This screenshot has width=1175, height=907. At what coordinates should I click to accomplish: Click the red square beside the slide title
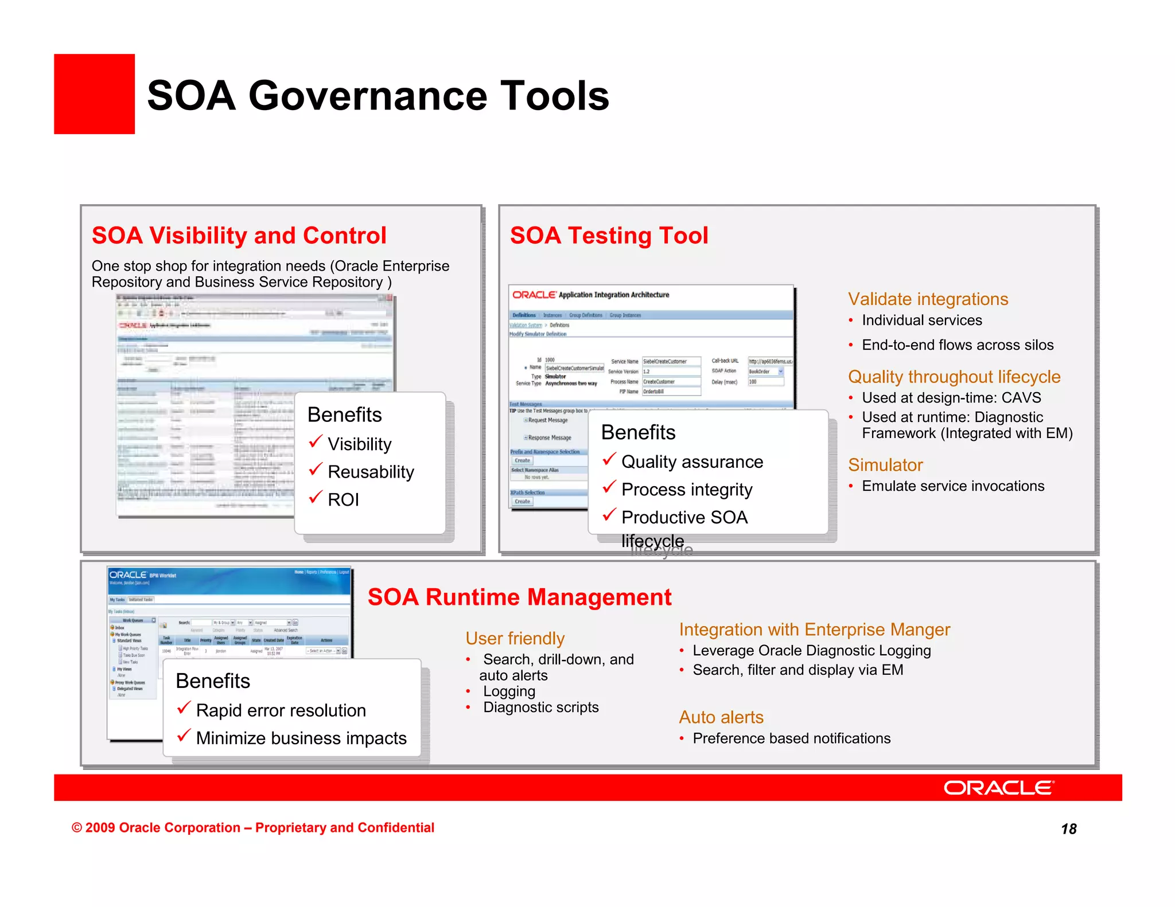tap(94, 94)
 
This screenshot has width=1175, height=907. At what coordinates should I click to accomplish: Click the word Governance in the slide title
tap(361, 96)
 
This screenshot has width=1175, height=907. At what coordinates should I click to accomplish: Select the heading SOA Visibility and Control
tap(239, 236)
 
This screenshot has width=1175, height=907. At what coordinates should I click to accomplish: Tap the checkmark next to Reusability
tap(316, 470)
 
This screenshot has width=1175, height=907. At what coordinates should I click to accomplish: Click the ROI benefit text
tap(343, 500)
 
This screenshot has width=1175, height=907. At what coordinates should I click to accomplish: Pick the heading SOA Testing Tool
tap(609, 236)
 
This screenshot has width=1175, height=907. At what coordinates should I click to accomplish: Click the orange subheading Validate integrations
tap(927, 299)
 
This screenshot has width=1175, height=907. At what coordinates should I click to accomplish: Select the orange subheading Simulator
tap(885, 465)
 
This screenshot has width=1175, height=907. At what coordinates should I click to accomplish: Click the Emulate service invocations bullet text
tap(952, 486)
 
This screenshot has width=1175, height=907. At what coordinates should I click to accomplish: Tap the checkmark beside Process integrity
tap(609, 487)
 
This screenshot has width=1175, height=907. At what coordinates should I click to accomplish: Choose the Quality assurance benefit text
tap(692, 462)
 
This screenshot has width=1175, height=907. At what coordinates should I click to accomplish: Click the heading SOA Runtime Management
tap(519, 597)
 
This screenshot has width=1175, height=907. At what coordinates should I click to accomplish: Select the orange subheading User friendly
tap(515, 639)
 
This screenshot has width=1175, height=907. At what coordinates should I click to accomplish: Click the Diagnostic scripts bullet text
tap(540, 707)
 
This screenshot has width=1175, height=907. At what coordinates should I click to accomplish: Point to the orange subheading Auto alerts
tap(721, 717)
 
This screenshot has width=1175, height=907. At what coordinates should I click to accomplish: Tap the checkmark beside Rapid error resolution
tap(184, 708)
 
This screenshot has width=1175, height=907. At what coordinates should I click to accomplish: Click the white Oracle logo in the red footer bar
tap(998, 788)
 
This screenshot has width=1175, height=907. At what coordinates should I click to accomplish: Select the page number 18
tap(1068, 829)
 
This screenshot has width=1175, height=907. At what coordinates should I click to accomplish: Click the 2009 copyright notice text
tap(252, 828)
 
